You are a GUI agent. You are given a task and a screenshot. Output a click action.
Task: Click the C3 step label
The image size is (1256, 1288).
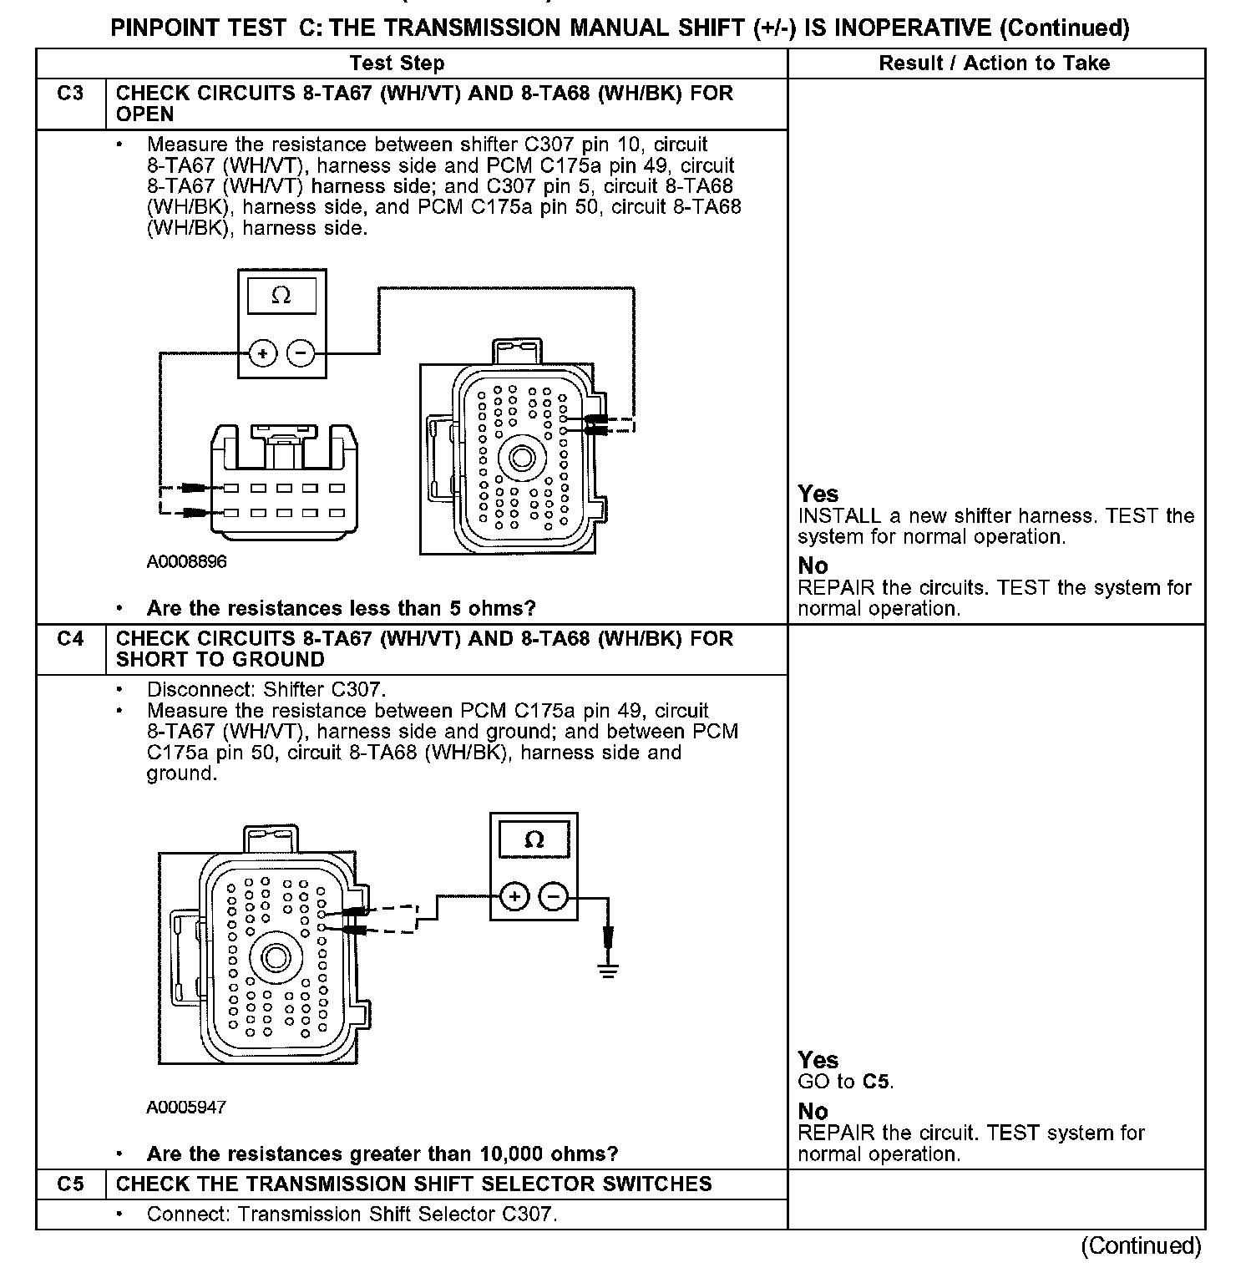click(x=70, y=94)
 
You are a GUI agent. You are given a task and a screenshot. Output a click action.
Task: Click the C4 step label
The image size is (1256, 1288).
click(x=70, y=639)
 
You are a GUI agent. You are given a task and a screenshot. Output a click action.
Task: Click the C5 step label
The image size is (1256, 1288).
click(x=70, y=1184)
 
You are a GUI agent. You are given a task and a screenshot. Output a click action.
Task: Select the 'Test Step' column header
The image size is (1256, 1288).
click(x=398, y=63)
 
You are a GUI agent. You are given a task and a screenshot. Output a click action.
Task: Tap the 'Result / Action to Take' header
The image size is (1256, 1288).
click(x=994, y=63)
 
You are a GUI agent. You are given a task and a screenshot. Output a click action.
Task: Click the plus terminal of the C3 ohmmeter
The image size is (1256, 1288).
click(x=263, y=353)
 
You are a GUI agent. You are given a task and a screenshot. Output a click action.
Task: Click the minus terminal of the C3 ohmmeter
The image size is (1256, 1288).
click(x=300, y=353)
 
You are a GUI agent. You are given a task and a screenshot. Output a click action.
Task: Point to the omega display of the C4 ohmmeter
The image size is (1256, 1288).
click(x=534, y=839)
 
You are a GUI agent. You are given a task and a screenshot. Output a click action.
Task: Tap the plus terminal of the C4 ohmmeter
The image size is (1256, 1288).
click(x=515, y=897)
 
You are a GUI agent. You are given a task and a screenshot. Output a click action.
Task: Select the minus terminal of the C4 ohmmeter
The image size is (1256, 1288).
click(x=553, y=897)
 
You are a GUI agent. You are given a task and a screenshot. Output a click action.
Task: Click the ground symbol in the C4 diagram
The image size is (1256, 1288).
click(x=609, y=969)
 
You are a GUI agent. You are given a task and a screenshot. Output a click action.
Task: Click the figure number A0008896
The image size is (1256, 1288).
click(x=186, y=562)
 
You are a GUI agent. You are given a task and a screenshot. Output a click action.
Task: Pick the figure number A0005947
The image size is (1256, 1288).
click(x=186, y=1108)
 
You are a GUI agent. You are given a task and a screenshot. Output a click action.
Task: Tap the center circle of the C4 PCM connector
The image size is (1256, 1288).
click(x=276, y=957)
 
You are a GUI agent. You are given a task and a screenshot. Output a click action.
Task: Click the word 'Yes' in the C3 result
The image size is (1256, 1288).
click(x=818, y=494)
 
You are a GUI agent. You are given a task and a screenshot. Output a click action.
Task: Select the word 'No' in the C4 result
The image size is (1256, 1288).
click(x=813, y=1112)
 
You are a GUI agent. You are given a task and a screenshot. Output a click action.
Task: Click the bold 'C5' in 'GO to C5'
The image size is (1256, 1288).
click(x=877, y=1083)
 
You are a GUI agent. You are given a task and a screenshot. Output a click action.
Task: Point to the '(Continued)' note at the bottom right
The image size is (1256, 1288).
click(x=1141, y=1246)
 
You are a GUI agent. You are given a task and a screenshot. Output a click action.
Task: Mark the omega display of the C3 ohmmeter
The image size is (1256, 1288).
click(x=281, y=296)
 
